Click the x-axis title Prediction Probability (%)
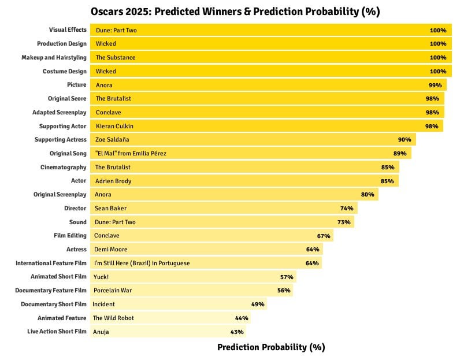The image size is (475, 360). point(271,347)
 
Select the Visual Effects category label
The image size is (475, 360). point(67,30)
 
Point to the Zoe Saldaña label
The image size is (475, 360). point(112,140)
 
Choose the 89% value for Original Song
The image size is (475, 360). point(400,154)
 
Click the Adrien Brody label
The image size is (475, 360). point(113,181)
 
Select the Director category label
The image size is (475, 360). point(75,208)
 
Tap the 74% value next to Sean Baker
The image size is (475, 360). point(347,208)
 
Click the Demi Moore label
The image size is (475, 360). point(110,249)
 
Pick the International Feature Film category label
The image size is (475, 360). point(51,263)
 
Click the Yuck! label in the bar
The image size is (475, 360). point(101,277)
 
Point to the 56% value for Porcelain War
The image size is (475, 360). point(283,290)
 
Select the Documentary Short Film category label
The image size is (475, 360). point(54,304)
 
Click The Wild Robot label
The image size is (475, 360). point(113,318)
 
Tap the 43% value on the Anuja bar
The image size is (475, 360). point(237,332)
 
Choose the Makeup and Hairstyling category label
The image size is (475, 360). point(54,57)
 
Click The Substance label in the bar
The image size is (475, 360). point(116,57)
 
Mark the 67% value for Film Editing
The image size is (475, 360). point(323,236)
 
